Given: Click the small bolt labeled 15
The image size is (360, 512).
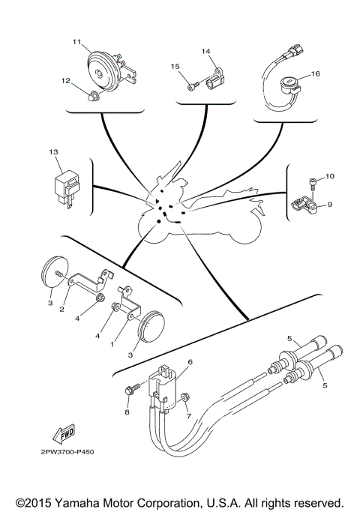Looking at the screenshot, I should (193, 86).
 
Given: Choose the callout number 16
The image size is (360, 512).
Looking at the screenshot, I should (316, 74).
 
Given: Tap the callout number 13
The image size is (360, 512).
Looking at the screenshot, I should (53, 151).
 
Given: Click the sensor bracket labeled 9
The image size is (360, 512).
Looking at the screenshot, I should (304, 202).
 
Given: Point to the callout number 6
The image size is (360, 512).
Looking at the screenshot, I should (190, 361).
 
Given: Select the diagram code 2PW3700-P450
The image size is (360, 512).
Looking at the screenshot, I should (62, 452).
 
